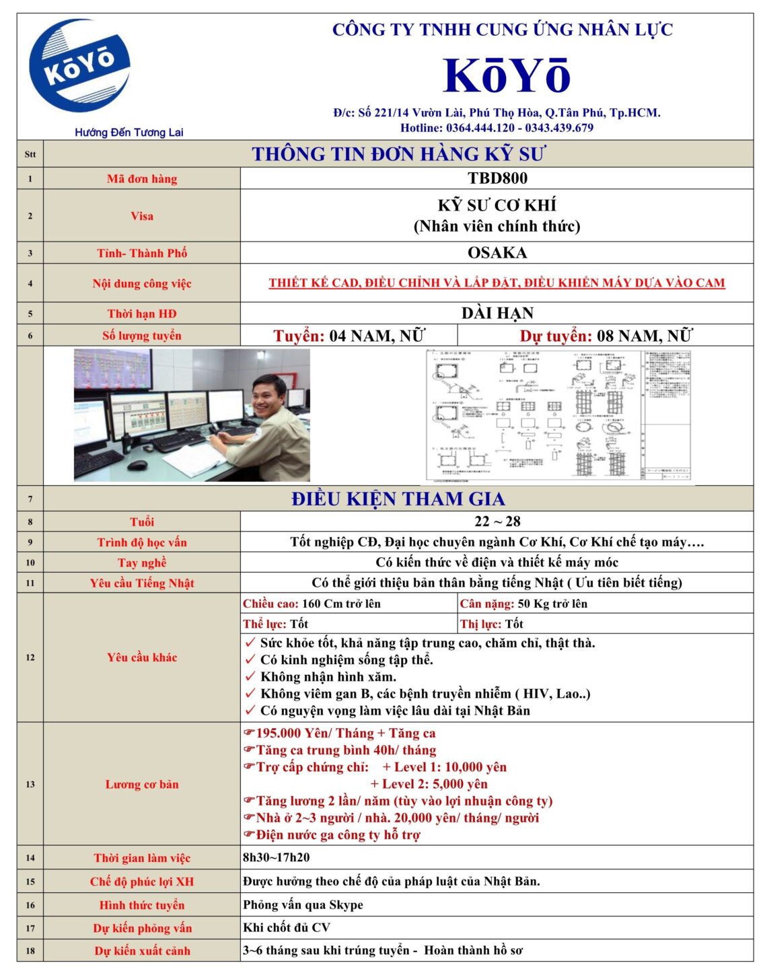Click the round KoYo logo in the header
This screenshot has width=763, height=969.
coord(79,66)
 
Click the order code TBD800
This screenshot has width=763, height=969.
coord(497,178)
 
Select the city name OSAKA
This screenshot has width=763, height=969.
coord(497,253)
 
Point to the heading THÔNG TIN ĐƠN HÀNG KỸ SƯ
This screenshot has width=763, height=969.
coord(398,154)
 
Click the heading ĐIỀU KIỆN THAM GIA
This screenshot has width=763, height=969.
coord(398,499)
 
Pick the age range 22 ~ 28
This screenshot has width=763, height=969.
coord(497,522)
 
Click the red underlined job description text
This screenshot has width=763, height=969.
coord(497,283)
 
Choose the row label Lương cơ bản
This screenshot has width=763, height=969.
coord(142,784)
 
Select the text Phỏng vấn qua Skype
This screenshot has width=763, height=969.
coord(303,905)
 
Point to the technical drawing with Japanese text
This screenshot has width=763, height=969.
coord(558,415)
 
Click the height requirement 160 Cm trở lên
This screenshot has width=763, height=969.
coord(340,604)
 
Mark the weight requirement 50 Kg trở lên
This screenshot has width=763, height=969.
coord(552,604)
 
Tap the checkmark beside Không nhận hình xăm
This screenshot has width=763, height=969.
coord(250,677)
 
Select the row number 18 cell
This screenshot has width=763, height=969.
coord(30,951)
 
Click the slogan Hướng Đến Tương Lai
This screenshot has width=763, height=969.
coord(129,133)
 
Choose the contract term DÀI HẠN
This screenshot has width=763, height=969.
coord(497,314)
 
